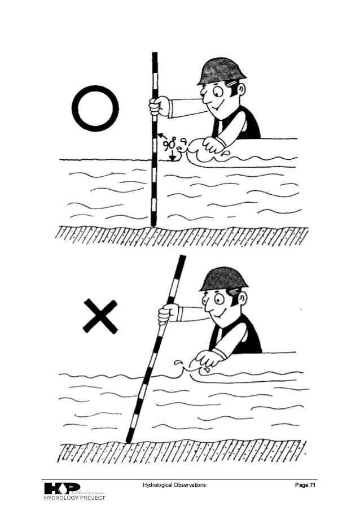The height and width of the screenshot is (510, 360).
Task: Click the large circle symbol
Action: click(x=73, y=108)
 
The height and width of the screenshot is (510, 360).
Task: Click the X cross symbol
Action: click(x=100, y=316)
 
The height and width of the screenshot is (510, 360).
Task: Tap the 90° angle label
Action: click(x=169, y=143)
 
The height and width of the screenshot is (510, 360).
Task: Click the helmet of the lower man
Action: click(x=223, y=280)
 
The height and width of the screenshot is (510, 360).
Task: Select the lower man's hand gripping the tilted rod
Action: click(x=168, y=314)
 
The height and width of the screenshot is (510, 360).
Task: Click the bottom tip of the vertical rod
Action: click(x=153, y=226)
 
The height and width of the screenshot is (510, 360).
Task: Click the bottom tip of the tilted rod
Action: click(x=128, y=441)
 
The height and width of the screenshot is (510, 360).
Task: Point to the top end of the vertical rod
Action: click(x=155, y=53)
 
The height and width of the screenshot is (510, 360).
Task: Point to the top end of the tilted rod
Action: click(x=183, y=256)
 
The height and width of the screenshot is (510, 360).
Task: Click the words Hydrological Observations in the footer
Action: click(x=174, y=485)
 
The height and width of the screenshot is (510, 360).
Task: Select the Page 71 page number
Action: click(x=305, y=485)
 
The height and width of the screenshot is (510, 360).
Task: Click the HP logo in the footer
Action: click(x=62, y=489)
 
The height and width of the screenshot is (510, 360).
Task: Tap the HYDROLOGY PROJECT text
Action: click(x=74, y=498)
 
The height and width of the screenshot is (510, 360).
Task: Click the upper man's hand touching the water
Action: click(x=213, y=145)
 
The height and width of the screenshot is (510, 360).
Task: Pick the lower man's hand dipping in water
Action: click(x=207, y=359)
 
